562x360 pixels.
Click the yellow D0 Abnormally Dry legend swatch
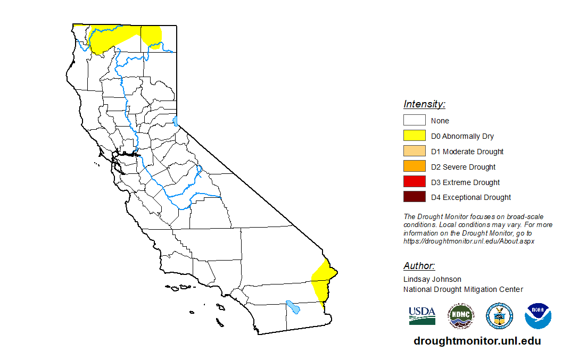point(414,136)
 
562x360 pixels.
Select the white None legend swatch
point(414,121)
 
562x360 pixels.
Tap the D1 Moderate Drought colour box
point(414,152)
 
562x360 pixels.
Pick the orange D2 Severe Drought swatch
point(414,167)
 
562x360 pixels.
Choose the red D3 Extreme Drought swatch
point(414,182)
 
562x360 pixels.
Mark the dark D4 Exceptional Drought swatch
point(414,197)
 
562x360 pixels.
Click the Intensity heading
point(424,104)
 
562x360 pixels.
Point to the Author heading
point(419,266)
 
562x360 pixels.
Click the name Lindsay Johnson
point(432,279)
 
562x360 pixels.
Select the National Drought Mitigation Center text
point(463,289)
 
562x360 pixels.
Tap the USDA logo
point(422,316)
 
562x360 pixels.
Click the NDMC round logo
point(460,316)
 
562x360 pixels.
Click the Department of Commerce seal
point(499,316)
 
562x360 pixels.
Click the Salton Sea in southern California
point(292,307)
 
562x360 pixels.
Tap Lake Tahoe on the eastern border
point(176,121)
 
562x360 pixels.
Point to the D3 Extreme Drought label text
point(465,182)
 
